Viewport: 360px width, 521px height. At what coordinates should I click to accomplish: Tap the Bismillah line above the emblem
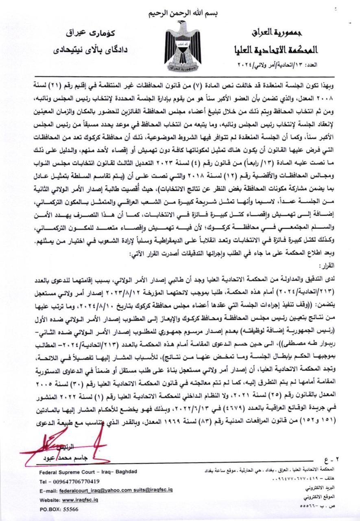179,13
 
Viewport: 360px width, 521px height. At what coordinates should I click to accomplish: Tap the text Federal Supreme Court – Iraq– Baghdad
88,471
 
